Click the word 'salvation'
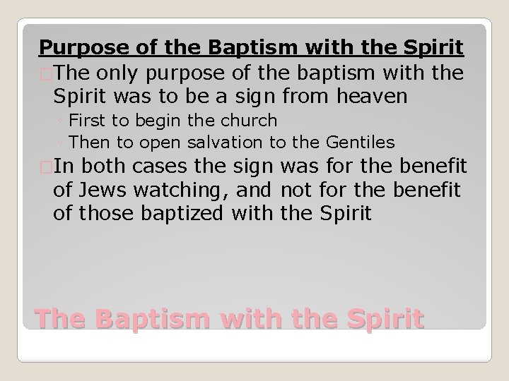[x=226, y=142]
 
